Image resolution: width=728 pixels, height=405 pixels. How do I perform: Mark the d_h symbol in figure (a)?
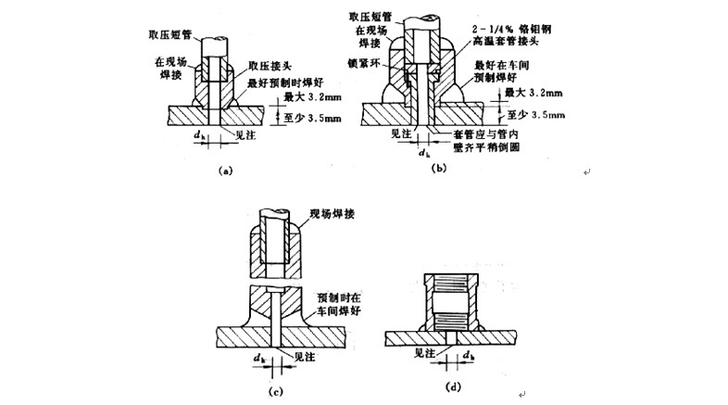(x=200, y=137)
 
